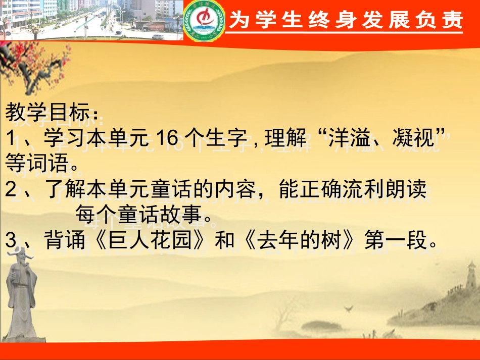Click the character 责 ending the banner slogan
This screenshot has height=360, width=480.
[453, 20]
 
